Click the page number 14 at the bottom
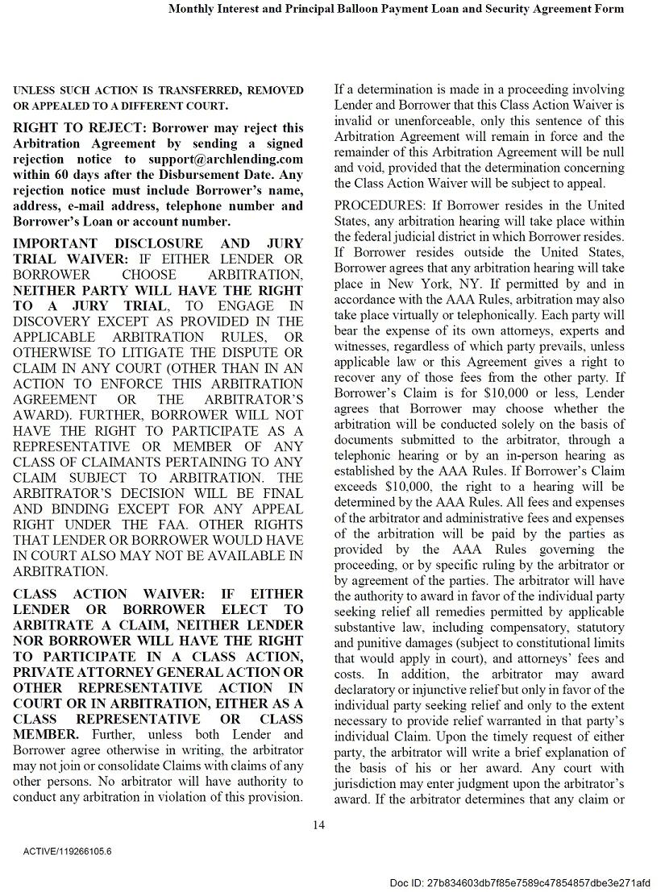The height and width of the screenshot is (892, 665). point(318,824)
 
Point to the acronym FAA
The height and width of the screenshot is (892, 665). point(182,525)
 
